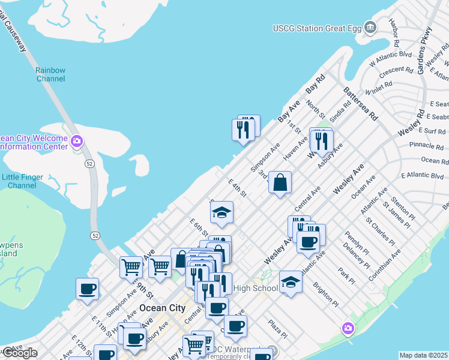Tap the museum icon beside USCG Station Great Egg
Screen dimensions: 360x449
[x=370, y=27]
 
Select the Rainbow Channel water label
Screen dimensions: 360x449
[x=50, y=74]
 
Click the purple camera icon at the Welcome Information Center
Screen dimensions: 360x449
[x=76, y=142]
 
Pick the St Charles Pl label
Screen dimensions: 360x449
[x=379, y=233]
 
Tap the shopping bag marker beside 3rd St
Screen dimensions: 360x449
[x=280, y=182]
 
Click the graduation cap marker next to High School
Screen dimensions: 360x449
[x=291, y=281]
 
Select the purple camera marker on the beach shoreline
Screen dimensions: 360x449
[x=348, y=328]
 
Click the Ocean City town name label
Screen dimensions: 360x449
[x=162, y=308]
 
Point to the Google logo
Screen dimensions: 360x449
[x=19, y=353]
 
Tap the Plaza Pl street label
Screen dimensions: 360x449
[x=277, y=329]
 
